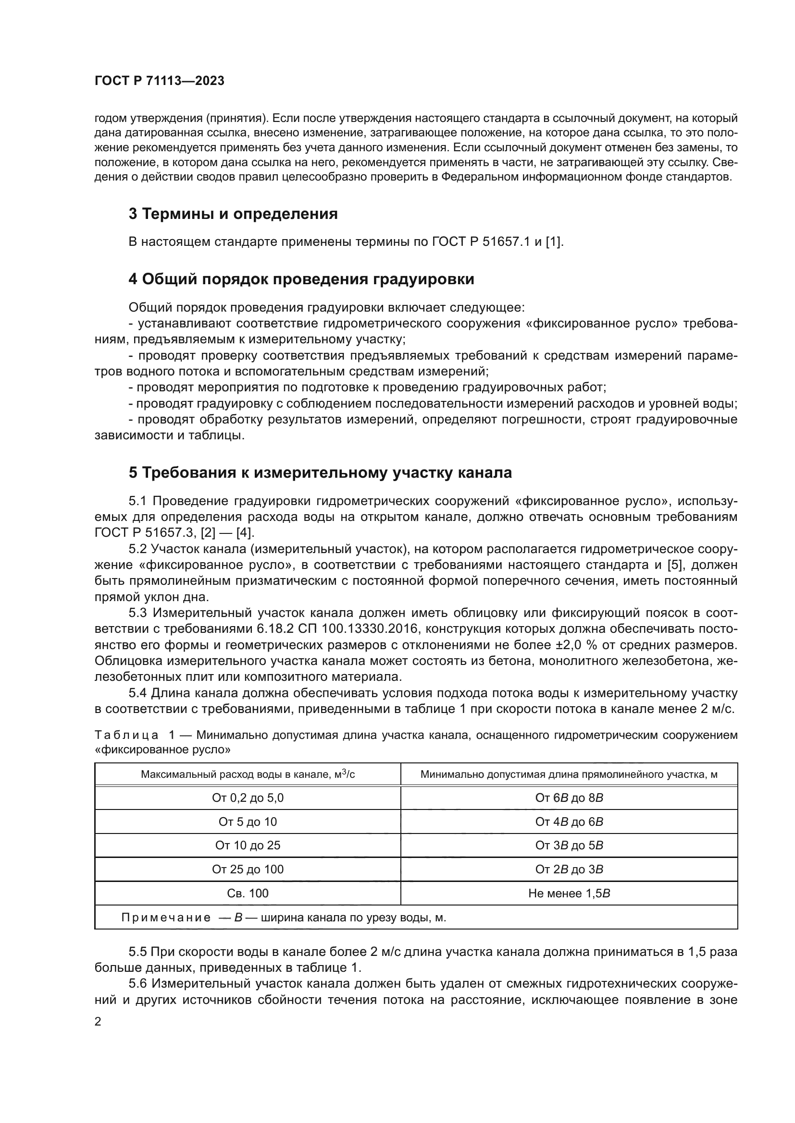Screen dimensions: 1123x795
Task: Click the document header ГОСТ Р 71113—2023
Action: pos(159,81)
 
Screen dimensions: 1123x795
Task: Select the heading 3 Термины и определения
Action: pos(233,214)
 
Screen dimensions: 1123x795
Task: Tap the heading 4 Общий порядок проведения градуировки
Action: pos(301,279)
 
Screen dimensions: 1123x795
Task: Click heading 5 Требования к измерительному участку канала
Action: pos(320,472)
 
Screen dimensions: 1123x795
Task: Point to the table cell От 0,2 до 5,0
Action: pos(248,798)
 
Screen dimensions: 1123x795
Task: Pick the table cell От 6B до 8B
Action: pos(569,798)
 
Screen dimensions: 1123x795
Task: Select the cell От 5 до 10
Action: pos(248,821)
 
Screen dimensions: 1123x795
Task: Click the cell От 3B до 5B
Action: pos(569,845)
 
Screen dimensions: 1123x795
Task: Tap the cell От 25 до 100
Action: pos(248,869)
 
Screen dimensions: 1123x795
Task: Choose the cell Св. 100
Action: pos(248,893)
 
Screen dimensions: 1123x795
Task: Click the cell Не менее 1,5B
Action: pos(569,893)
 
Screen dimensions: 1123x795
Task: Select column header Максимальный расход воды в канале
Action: pos(248,774)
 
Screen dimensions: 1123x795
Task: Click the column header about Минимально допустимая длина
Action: pos(569,774)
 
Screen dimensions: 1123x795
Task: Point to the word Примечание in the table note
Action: pos(166,918)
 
